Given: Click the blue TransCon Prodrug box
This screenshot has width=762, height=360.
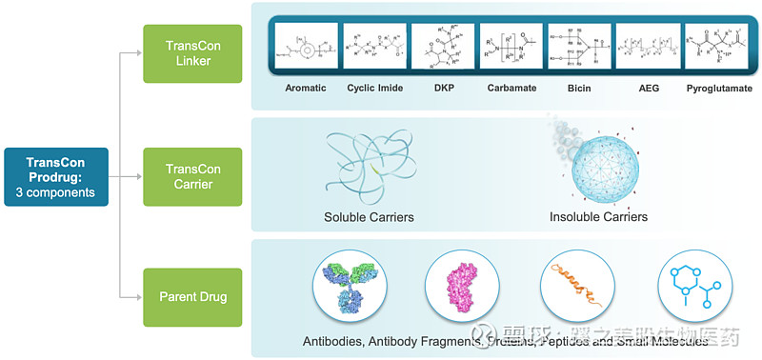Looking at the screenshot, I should coord(56,176).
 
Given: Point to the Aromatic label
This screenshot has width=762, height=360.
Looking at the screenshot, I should coord(305,89).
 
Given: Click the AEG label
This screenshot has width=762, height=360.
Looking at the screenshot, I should coord(649,89).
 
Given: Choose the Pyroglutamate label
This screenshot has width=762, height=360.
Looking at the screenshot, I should coord(719,89).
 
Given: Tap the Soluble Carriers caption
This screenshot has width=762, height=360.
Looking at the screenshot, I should coord(369,217).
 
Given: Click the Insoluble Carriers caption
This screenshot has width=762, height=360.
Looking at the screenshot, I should coord(598,217).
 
